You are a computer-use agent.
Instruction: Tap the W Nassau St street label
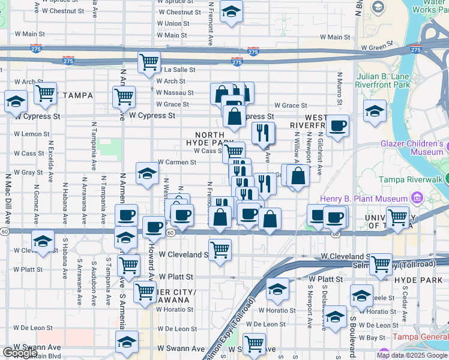(x=175, y=93)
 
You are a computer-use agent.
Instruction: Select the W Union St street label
(x=173, y=23)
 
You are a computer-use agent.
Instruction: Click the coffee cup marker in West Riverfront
(x=337, y=125)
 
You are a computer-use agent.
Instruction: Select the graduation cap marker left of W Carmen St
(x=146, y=174)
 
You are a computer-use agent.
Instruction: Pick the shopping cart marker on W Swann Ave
(x=254, y=344)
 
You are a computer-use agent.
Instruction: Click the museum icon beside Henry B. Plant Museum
(x=415, y=198)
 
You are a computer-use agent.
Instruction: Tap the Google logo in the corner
(x=20, y=353)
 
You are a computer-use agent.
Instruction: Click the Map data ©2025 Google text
(x=412, y=355)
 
